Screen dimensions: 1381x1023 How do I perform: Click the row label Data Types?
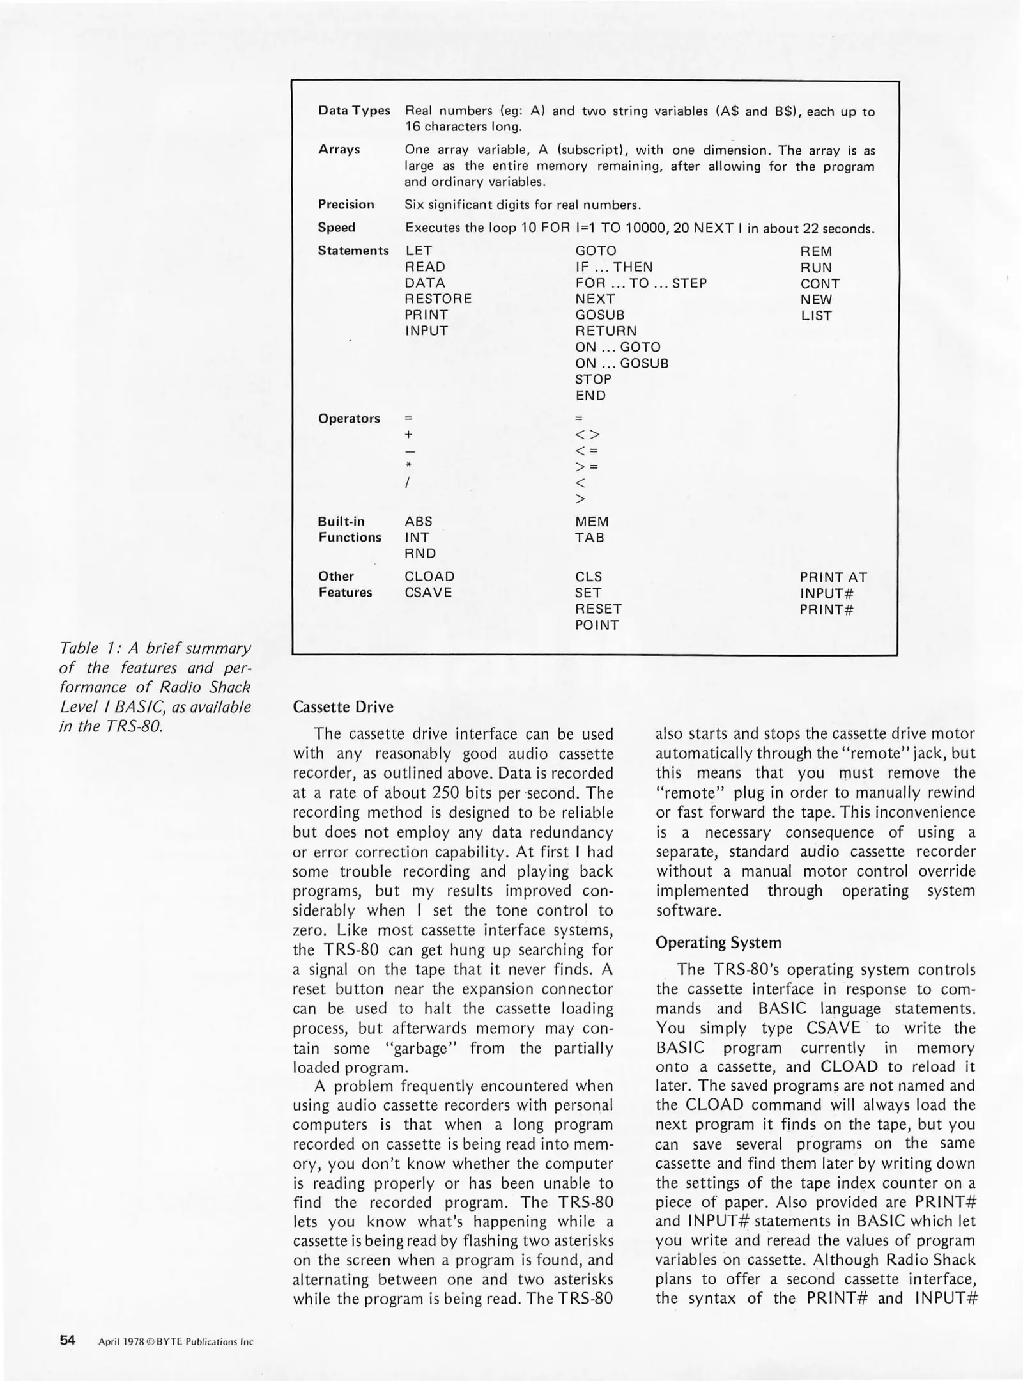(x=354, y=111)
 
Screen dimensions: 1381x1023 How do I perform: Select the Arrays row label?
(x=339, y=150)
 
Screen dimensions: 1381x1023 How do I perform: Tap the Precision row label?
(x=346, y=205)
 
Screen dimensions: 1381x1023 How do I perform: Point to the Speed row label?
(x=337, y=228)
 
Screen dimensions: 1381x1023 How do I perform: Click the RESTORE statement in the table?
(x=438, y=299)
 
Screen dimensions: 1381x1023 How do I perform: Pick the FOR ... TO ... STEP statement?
(x=641, y=283)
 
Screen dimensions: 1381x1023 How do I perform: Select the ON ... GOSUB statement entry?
(x=622, y=363)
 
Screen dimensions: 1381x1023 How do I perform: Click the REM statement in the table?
(x=816, y=251)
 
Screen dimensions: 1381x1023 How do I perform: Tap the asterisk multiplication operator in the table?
(x=408, y=466)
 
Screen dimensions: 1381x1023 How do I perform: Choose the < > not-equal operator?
(x=587, y=435)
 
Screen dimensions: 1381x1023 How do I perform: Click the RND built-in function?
(x=420, y=553)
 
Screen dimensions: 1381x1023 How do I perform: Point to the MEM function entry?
(x=592, y=522)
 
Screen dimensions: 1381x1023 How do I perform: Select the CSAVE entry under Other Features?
(x=428, y=593)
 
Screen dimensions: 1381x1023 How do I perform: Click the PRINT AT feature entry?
(x=833, y=577)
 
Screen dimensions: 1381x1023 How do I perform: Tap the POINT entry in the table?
(x=597, y=625)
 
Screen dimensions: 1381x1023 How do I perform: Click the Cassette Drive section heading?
(x=342, y=707)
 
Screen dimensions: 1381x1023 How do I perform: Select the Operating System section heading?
(x=718, y=942)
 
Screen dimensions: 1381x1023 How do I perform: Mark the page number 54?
(x=68, y=1340)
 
